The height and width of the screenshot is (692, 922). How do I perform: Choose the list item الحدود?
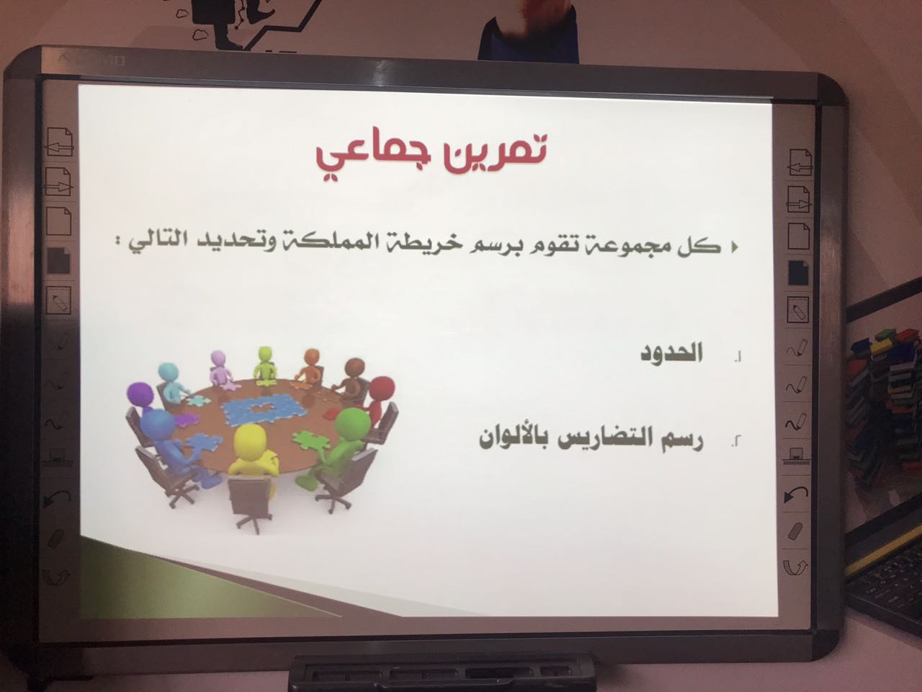pos(671,354)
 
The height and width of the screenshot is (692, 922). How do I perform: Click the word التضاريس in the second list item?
pos(604,438)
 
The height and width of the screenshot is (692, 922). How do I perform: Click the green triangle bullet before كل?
pos(734,247)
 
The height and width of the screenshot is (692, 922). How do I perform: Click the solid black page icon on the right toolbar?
pos(798,273)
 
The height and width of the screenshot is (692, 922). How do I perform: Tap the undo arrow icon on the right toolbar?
pos(795,494)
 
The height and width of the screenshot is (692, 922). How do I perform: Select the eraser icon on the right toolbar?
pos(795,531)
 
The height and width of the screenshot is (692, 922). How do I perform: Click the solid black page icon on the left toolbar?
pos(58,261)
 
